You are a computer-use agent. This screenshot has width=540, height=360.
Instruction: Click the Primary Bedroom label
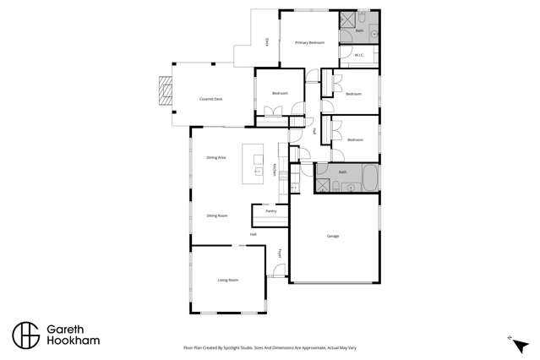point(308,42)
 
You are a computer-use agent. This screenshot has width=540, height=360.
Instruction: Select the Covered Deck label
point(210,99)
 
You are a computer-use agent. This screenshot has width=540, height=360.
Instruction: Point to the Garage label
point(333,236)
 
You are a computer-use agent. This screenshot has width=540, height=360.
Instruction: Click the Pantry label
point(270,211)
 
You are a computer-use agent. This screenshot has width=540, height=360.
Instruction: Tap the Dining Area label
point(215,158)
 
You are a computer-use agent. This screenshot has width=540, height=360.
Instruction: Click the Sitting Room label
point(217,216)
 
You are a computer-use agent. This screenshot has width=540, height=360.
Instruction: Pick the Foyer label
point(280,253)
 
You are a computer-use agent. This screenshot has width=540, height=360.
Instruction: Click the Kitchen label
point(276,170)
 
